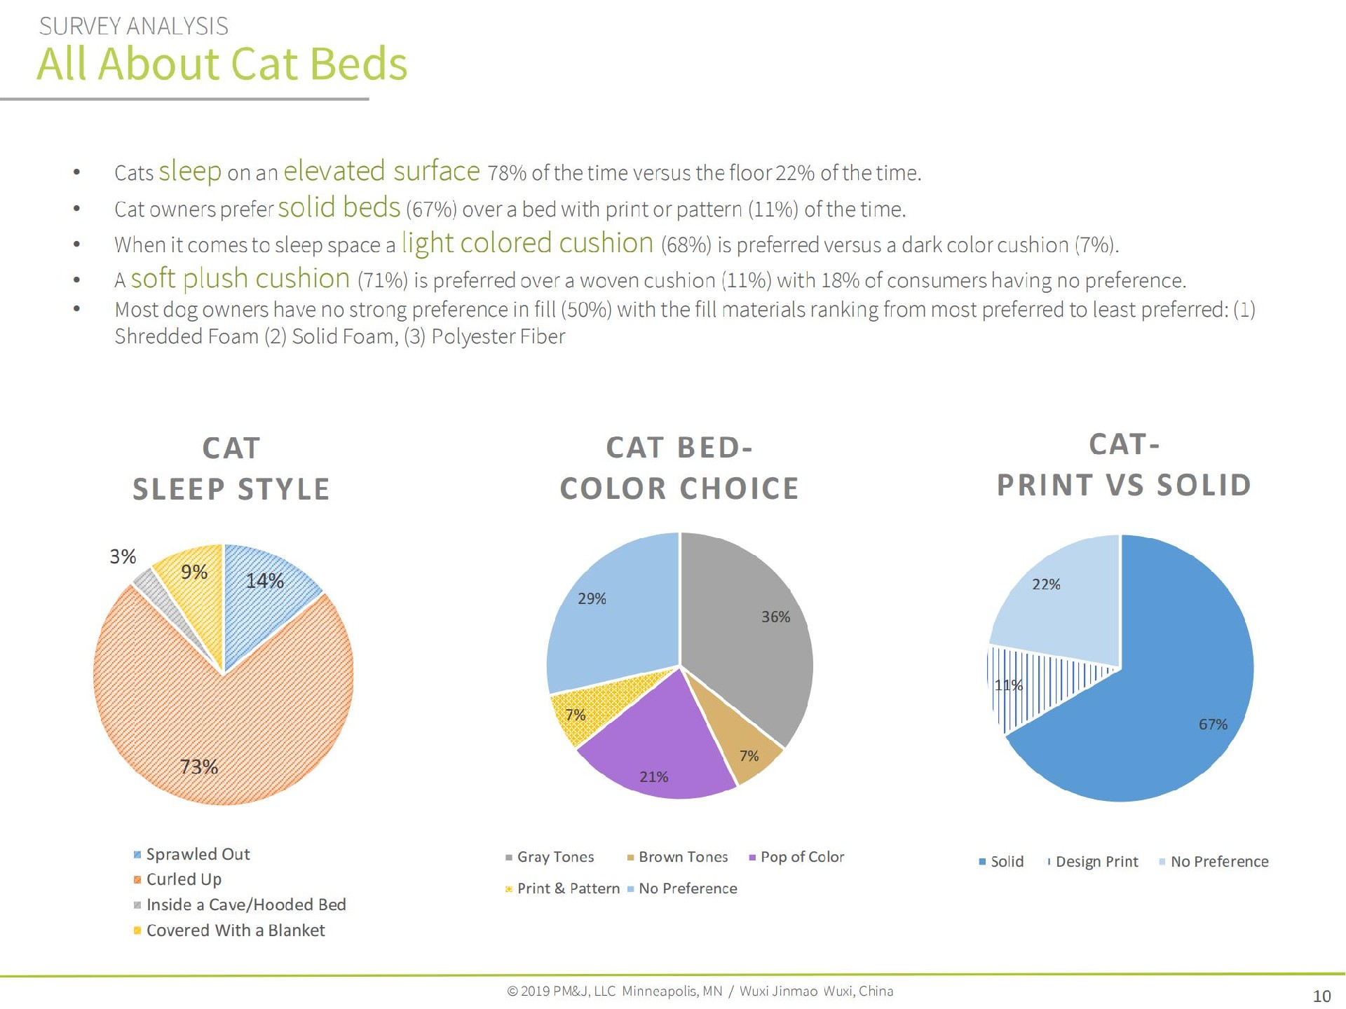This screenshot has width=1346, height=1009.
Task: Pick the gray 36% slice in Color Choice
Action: (x=750, y=631)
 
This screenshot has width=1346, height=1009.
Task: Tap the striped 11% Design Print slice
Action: (x=1031, y=683)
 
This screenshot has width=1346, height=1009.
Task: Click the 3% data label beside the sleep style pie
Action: (x=123, y=556)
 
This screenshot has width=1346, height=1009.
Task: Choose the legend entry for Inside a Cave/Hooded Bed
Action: (x=240, y=905)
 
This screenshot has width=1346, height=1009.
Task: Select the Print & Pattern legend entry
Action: (x=562, y=888)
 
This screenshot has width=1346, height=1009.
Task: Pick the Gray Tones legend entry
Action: (x=550, y=857)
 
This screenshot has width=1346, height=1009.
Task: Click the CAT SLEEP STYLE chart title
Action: (x=231, y=468)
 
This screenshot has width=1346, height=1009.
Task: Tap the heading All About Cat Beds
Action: (x=222, y=63)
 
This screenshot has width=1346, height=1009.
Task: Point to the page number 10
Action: (x=1321, y=996)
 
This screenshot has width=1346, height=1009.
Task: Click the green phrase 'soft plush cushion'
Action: (x=240, y=278)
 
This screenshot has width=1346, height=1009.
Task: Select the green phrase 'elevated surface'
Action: (x=381, y=171)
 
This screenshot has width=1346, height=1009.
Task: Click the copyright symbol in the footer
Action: (x=512, y=991)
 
